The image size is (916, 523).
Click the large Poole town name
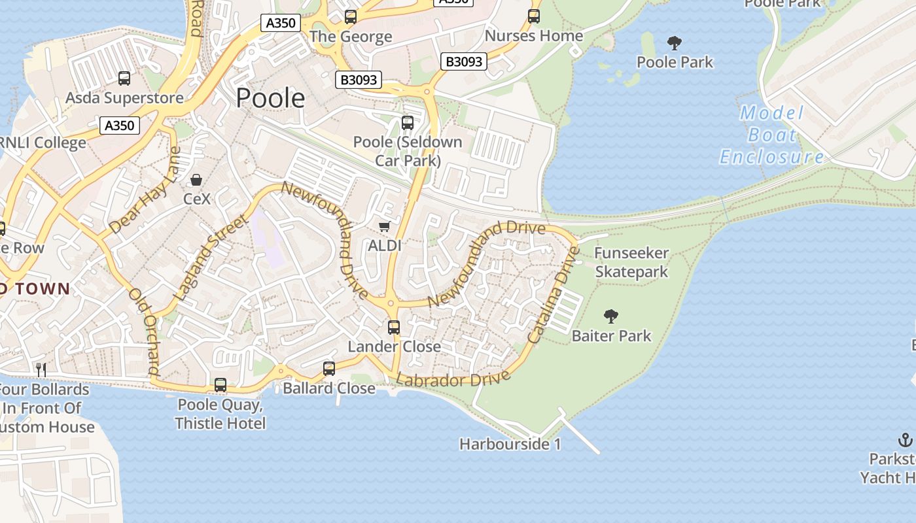tap(270, 98)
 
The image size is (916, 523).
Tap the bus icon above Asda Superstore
tap(124, 78)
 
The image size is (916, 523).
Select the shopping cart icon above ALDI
tap(385, 226)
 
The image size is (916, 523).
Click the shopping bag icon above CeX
tap(196, 179)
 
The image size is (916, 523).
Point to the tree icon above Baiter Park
tap(611, 316)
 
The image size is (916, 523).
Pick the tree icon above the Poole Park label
tap(675, 44)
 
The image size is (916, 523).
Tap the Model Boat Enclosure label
tap(771, 135)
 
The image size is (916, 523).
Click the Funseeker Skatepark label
tap(631, 262)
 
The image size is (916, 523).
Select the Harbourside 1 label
tap(510, 445)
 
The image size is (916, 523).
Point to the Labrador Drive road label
tap(453, 379)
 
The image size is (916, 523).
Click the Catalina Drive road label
tap(554, 295)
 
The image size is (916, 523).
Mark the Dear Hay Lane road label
tap(145, 190)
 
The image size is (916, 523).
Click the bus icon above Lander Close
tap(394, 327)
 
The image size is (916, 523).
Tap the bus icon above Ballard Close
tap(329, 369)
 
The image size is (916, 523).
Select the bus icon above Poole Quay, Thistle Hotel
tap(220, 385)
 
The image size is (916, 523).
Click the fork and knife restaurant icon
tap(41, 369)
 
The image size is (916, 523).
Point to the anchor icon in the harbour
tap(906, 439)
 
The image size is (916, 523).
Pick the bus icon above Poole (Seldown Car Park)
tap(408, 122)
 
